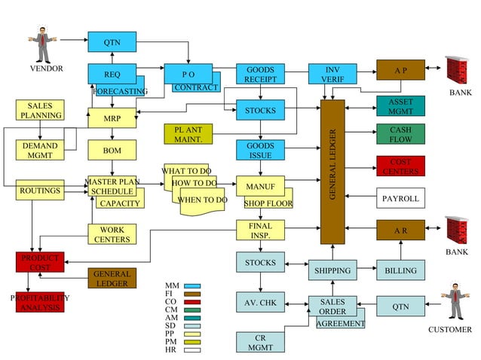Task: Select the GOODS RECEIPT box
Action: (260, 75)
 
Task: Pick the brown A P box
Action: (400, 70)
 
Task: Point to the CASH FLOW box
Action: (400, 135)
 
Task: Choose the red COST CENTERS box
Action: (400, 166)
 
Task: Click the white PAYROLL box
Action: (400, 199)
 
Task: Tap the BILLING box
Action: (400, 270)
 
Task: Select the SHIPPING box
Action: (332, 270)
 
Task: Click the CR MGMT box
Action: (260, 342)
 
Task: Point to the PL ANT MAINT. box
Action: (188, 135)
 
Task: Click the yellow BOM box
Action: (112, 151)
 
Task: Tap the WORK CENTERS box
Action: (112, 234)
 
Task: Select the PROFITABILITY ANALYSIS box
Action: (40, 302)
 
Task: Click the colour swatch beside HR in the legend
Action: (192, 350)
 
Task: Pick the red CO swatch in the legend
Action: (192, 302)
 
